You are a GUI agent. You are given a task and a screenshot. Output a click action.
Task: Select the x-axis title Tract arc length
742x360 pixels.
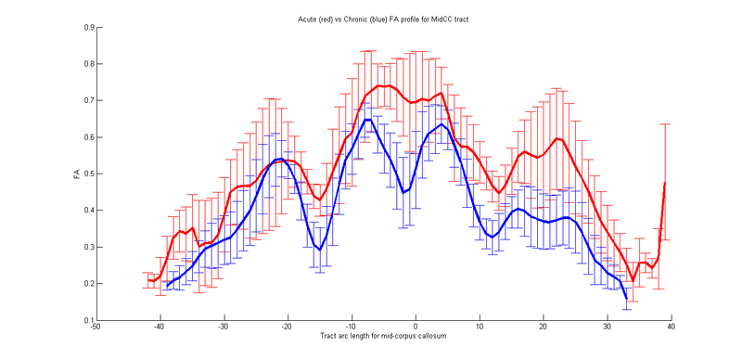[380, 334]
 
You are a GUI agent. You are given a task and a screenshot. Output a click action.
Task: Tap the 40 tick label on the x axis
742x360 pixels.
[670, 327]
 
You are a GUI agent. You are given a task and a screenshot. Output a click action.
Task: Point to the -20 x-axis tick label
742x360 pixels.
[287, 327]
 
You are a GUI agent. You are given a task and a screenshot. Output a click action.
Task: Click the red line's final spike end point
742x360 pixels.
[665, 183]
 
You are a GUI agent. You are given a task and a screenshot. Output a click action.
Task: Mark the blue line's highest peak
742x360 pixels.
[368, 120]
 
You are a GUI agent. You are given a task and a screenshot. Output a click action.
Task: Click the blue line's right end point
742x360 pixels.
[626, 298]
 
